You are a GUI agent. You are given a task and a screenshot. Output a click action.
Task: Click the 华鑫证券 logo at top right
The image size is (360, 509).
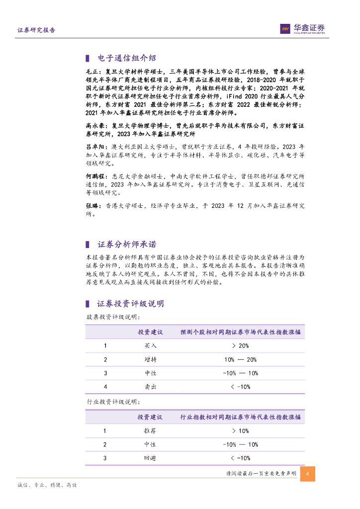coord(302,29)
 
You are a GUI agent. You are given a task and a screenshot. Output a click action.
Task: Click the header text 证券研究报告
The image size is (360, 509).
coord(36,30)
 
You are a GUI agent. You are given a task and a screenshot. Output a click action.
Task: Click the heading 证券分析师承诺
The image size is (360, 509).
coord(126,245)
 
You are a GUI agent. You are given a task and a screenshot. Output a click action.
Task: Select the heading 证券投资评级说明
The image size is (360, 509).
coord(130,304)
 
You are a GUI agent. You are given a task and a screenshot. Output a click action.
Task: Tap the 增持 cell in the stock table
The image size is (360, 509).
coord(150,359)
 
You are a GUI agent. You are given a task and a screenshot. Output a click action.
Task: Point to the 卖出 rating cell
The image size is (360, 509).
coord(150,386)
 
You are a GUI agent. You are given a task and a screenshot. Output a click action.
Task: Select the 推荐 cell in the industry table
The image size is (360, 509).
coord(150,431)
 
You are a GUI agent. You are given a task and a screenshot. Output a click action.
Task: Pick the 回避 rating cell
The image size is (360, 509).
coord(150,458)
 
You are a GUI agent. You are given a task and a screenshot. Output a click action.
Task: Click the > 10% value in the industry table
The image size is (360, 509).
coord(240,431)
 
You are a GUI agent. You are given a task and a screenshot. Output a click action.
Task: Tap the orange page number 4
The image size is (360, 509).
coord(307,474)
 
